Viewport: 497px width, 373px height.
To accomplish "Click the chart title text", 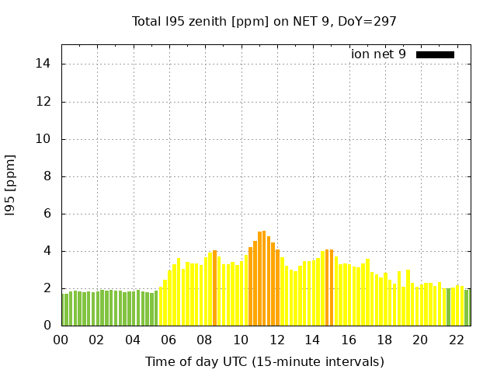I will click(264, 21).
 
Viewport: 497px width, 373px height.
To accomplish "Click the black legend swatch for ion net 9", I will click(435, 54).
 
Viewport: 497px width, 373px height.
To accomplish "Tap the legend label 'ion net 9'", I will click(378, 54).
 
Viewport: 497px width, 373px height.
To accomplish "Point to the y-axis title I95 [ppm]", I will click(11, 186).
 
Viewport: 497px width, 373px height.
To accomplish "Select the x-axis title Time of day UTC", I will click(264, 361).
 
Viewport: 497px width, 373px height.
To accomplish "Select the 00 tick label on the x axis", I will click(61, 340).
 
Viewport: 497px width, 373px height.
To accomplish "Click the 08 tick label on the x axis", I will click(204, 340).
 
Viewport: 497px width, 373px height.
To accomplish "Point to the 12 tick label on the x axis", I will click(276, 340).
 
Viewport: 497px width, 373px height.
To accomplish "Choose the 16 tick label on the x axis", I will click(348, 340).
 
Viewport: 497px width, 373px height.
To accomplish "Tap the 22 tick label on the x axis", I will click(456, 340).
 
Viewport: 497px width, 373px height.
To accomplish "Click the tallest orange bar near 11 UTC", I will click(264, 278).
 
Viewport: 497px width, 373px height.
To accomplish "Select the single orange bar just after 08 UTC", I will click(215, 288).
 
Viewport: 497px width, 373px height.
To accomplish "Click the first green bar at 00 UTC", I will click(66, 309).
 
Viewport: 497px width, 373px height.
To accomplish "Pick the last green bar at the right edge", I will click(467, 308).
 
